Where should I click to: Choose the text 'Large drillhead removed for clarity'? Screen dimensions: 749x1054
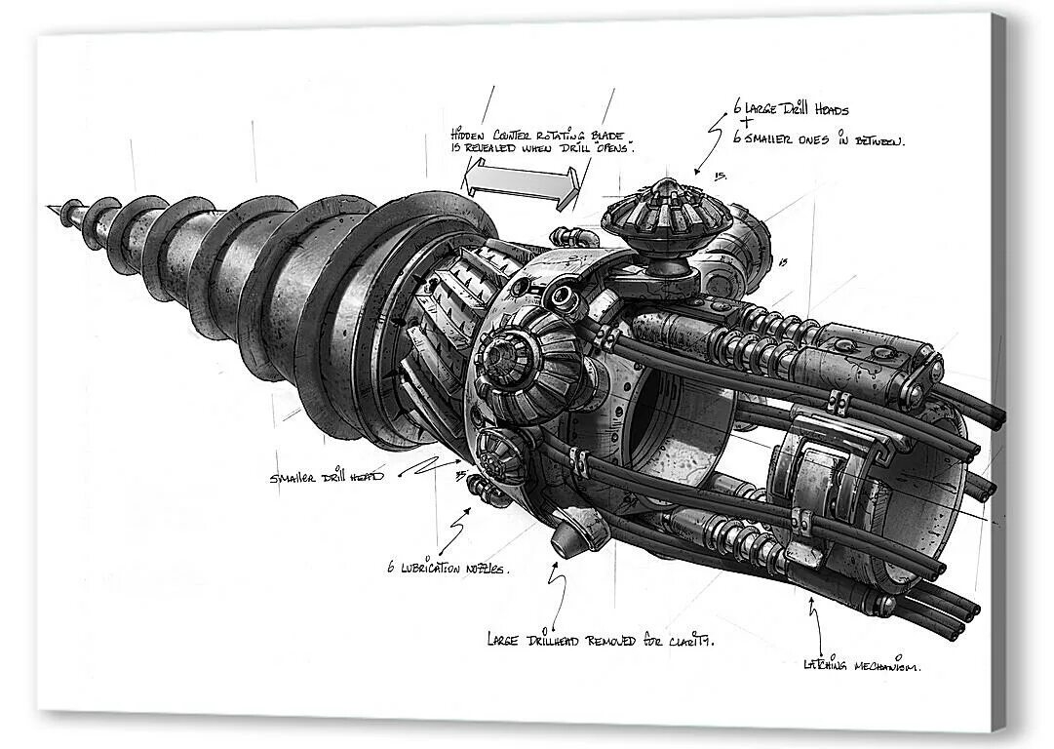tap(600, 640)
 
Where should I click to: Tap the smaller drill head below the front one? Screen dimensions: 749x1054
tap(495, 453)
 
